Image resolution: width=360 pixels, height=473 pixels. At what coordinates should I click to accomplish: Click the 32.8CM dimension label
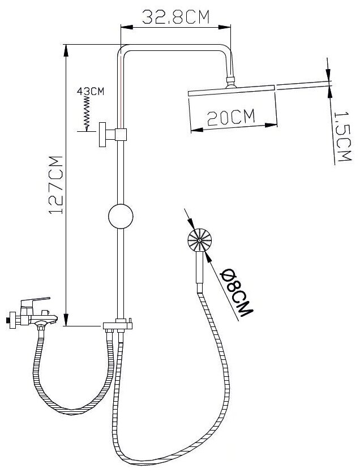pyautogui.click(x=176, y=17)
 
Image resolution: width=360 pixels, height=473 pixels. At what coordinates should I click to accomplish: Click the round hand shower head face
pyautogui.click(x=199, y=242)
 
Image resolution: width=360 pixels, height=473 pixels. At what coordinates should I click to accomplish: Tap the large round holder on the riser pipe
pyautogui.click(x=121, y=217)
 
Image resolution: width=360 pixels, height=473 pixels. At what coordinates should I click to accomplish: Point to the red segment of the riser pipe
pyautogui.click(x=121, y=91)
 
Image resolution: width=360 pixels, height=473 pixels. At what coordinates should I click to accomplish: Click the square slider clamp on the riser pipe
pyautogui.click(x=121, y=134)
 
